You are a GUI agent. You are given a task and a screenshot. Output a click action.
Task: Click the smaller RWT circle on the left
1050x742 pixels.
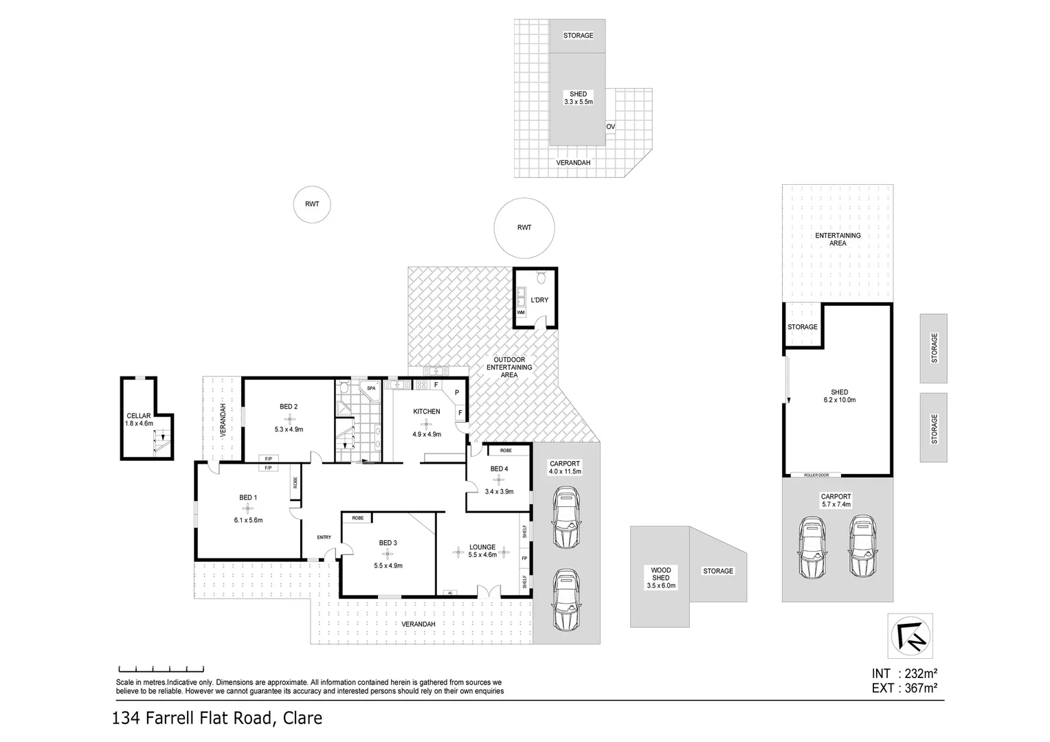point(311,204)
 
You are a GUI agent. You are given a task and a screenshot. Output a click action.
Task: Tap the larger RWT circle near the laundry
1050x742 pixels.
point(524,228)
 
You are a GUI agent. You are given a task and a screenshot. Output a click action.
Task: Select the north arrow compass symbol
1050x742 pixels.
point(910,636)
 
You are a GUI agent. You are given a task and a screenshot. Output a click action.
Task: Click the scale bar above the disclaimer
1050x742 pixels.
point(161,668)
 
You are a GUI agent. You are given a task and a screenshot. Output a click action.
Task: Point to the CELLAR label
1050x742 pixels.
point(139,416)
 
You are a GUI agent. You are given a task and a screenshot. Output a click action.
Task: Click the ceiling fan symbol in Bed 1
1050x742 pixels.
point(248,508)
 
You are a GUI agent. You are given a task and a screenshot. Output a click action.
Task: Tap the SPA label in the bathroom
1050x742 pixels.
point(371,388)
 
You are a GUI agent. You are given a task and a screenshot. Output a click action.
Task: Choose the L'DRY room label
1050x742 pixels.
point(539,300)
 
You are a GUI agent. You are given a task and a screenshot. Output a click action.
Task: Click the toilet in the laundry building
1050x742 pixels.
point(541,277)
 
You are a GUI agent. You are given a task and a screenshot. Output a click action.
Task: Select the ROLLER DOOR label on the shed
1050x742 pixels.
point(815,475)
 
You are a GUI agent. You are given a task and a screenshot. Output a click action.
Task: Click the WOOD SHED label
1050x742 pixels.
point(660,570)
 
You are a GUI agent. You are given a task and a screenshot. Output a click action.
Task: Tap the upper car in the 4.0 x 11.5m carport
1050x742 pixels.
point(565,517)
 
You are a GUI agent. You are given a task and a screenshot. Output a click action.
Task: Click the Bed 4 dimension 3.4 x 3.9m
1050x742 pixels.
point(499,491)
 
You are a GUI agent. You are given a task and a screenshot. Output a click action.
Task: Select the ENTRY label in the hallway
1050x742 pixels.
point(324,537)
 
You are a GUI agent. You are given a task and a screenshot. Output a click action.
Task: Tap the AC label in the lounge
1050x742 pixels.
point(451,592)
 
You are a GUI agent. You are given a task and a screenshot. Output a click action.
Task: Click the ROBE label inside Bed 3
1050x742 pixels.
point(357,517)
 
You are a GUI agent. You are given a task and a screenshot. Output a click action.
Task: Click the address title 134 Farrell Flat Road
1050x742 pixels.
point(217,719)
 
